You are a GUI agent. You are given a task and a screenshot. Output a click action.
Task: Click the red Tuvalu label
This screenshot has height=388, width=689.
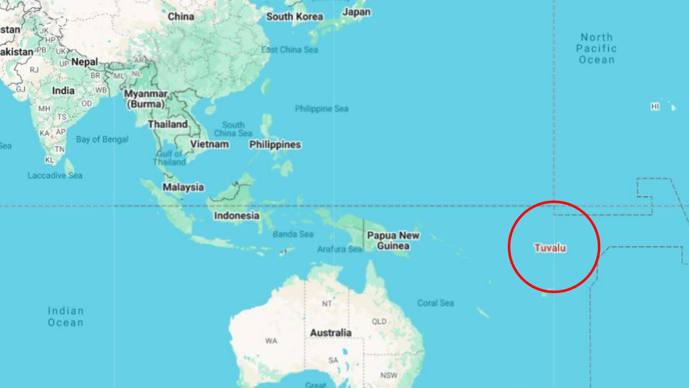point(550,248)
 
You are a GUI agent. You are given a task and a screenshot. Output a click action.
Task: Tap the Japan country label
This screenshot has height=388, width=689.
point(356,12)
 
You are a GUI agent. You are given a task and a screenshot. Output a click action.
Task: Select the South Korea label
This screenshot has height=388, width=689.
point(294,17)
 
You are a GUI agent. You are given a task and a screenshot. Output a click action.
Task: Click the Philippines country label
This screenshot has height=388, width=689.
point(275,144)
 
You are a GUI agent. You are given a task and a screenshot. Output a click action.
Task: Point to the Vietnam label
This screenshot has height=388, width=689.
point(209,144)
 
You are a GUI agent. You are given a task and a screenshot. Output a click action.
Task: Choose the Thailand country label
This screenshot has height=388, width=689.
point(168,124)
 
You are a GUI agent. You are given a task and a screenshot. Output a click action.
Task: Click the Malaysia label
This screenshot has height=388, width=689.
point(183,187)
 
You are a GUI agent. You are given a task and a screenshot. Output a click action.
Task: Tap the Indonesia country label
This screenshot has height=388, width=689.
point(236,216)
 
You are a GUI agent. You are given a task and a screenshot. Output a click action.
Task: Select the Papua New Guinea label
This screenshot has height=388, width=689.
point(393,241)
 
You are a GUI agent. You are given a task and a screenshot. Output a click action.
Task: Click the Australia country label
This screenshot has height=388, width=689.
point(331,333)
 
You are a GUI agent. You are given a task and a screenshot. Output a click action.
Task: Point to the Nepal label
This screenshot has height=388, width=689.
point(84,62)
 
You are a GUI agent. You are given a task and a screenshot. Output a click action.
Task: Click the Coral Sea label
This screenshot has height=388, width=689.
point(435,303)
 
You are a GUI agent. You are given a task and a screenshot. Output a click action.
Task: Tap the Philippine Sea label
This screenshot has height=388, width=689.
point(322,108)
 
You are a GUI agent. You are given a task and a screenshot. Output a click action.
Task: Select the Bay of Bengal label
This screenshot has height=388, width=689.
point(102,139)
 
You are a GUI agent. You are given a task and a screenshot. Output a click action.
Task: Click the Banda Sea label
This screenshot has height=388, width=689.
point(293,234)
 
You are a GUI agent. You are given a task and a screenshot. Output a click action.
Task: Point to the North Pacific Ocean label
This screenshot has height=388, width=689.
point(596,48)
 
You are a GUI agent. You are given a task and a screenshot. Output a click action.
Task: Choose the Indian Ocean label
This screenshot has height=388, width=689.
point(66,317)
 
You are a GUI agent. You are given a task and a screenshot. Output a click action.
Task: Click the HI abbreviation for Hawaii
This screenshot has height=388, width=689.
point(655,107)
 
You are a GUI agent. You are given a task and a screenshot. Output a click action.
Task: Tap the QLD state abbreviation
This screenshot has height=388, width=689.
point(379,321)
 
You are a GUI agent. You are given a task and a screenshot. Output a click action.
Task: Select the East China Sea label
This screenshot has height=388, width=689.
point(290,50)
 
